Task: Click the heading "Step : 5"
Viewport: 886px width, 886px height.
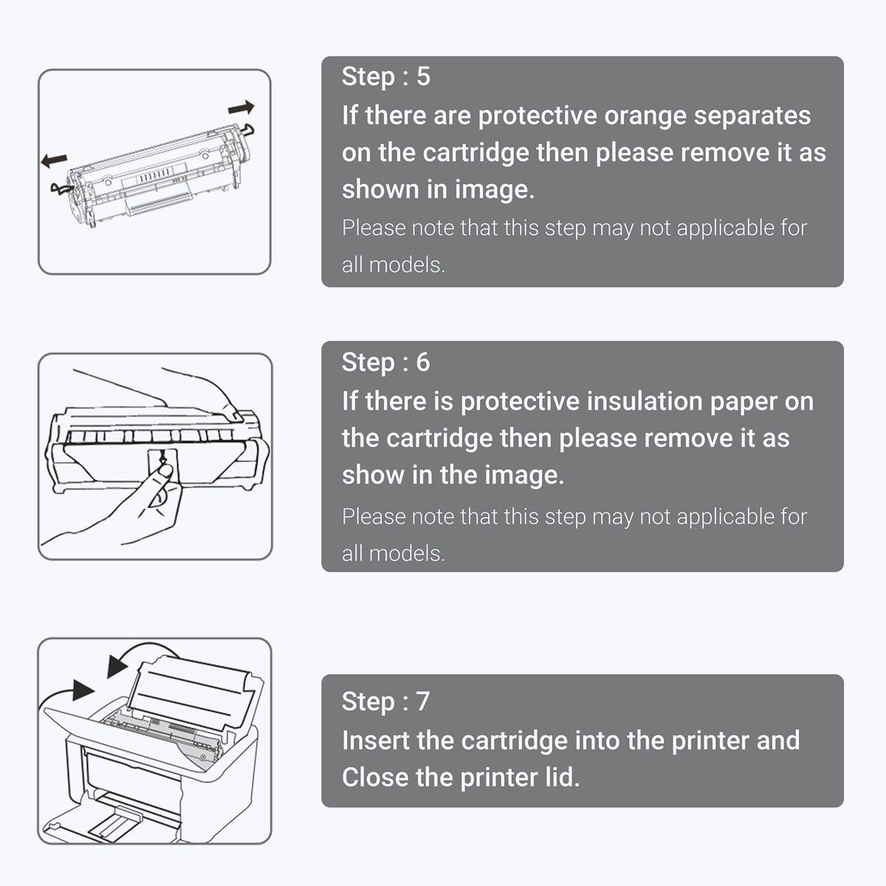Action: coord(385,77)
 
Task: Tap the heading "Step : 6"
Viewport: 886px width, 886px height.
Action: coord(385,363)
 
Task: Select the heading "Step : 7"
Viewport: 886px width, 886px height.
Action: coord(385,701)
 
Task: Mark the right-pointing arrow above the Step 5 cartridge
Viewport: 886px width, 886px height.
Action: coord(241,109)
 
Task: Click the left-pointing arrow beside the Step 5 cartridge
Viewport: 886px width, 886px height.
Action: coord(54,159)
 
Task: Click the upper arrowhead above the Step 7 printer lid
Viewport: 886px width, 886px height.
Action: coord(117,665)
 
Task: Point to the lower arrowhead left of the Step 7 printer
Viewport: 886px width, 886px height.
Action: coord(83,690)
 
